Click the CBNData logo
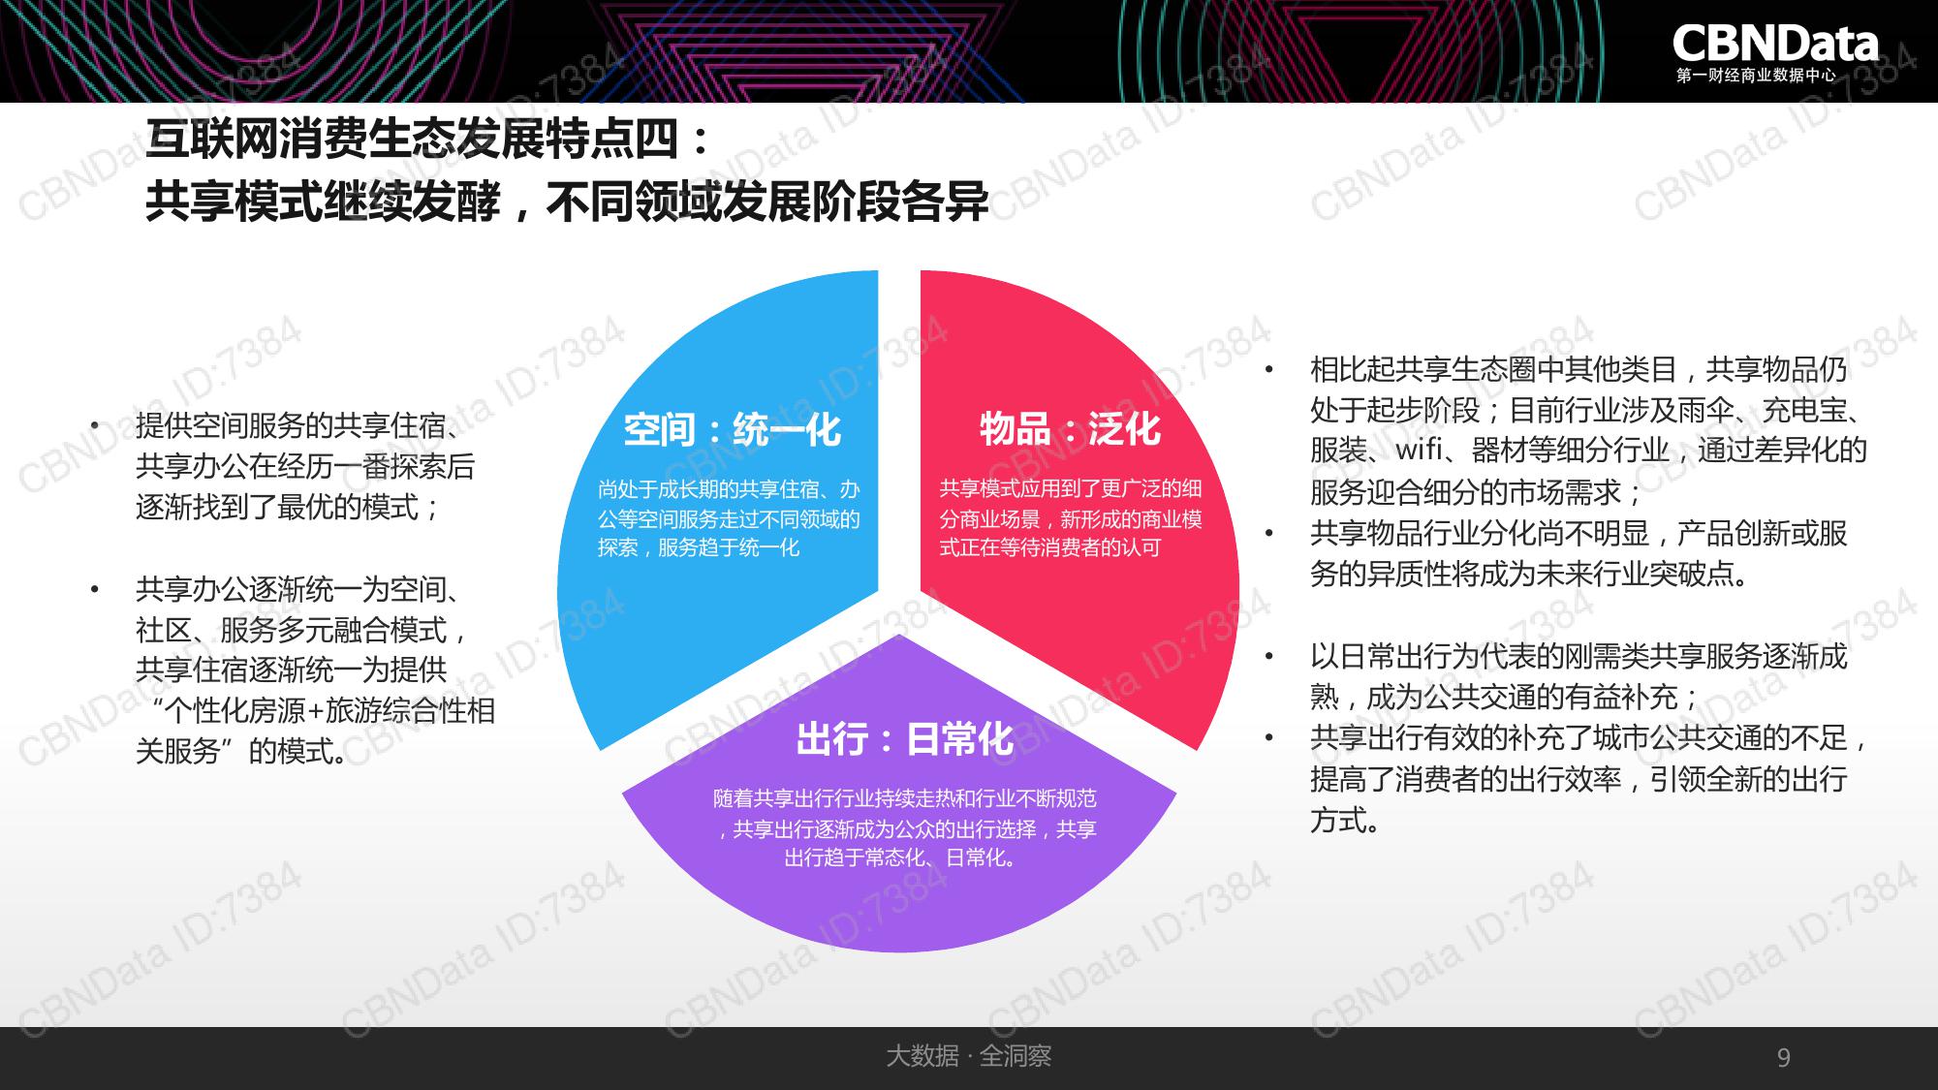[x=1775, y=45]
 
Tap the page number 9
[x=1784, y=1057]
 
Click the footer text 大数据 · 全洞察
[x=968, y=1056]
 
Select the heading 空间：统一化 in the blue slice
[x=732, y=429]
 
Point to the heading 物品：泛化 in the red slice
[x=1070, y=428]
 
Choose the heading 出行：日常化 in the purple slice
[x=904, y=739]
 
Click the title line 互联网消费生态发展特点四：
[x=428, y=140]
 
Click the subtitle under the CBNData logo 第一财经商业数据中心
[x=1756, y=76]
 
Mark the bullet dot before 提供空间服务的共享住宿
[x=94, y=425]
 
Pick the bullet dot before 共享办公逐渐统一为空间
[x=94, y=589]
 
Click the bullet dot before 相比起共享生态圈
[x=1268, y=369]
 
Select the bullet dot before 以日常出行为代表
[x=1268, y=656]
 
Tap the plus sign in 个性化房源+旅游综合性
[x=316, y=711]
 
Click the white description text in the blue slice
[x=729, y=519]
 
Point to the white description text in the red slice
[x=1071, y=518]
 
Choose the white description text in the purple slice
[x=904, y=828]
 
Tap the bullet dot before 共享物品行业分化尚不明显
[x=1268, y=533]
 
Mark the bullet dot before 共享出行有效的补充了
[x=1268, y=738]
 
